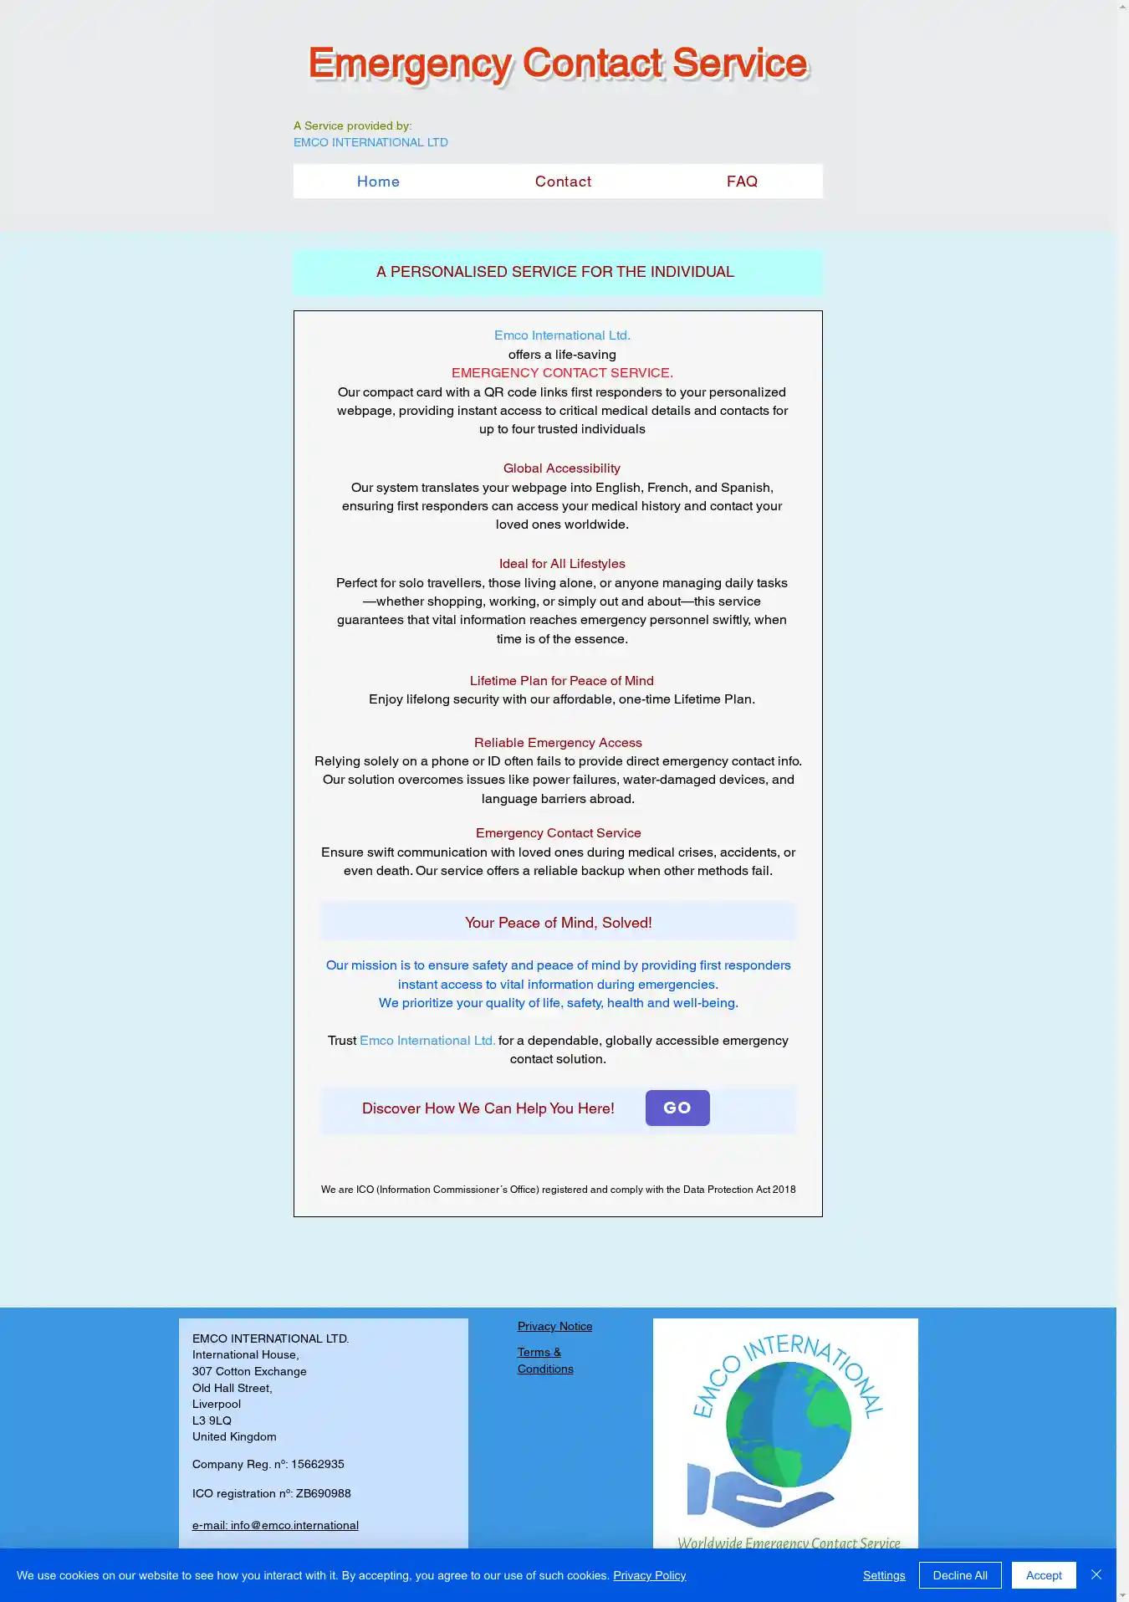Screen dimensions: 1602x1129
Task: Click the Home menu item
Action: [378, 182]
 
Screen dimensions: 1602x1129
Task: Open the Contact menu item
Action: [563, 182]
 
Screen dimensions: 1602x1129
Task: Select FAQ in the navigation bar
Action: [742, 182]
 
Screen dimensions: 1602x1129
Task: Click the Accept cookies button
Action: [1043, 1575]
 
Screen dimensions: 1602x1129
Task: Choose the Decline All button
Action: [959, 1575]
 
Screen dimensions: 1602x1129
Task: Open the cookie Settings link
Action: [884, 1575]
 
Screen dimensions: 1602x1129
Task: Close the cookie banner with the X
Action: [1096, 1574]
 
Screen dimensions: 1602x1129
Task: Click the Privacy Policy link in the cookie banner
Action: [649, 1575]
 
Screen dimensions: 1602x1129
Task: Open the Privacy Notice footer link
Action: [554, 1326]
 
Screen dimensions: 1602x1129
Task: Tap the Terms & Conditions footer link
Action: [544, 1360]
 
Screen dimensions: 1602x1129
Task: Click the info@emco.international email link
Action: [275, 1525]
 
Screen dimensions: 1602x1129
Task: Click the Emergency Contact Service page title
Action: [558, 64]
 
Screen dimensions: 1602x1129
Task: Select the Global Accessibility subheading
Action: [561, 468]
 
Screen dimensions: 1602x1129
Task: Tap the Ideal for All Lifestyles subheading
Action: [562, 564]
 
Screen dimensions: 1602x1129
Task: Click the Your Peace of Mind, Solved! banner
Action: [558, 923]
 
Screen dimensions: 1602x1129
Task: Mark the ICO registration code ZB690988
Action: [323, 1493]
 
